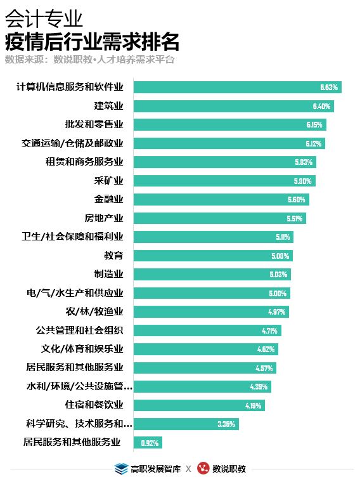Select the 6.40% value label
coord(321,106)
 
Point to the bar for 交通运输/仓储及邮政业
coord(229,143)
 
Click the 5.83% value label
coord(304,162)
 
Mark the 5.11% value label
coord(282,237)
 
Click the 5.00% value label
coord(278,294)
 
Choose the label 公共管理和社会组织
coord(79,330)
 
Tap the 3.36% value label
coord(226,424)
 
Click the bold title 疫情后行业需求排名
coord(92,42)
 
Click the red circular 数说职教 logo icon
coord(203,469)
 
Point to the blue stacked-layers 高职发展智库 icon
coord(121,469)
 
